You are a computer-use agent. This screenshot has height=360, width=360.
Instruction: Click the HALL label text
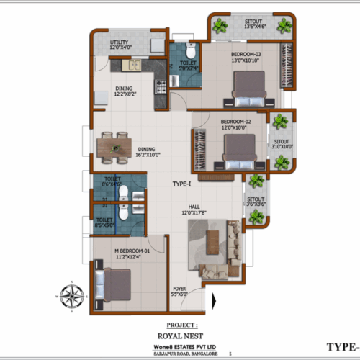point(191,207)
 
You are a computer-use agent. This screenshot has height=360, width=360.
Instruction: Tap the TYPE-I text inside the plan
point(181,185)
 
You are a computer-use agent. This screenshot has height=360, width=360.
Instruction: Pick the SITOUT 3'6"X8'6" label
point(256,201)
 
